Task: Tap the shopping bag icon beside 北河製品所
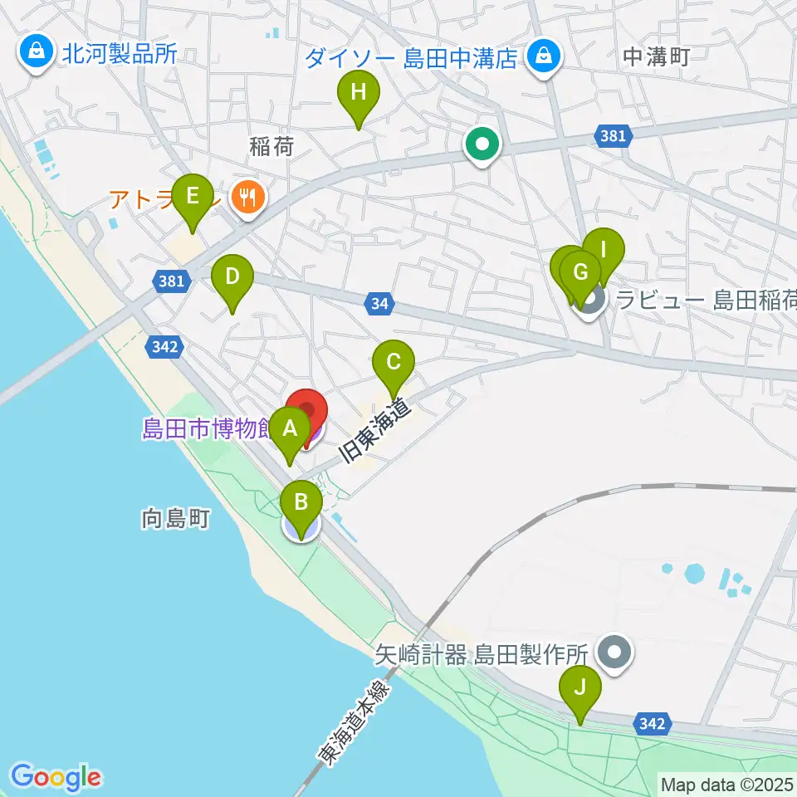point(37,53)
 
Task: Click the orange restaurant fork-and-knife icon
point(247,197)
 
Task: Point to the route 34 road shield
point(379,305)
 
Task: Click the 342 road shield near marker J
point(652,724)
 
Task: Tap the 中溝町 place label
point(656,56)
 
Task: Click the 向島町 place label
point(175,520)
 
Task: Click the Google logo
point(56,777)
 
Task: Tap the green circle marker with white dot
point(482,144)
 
